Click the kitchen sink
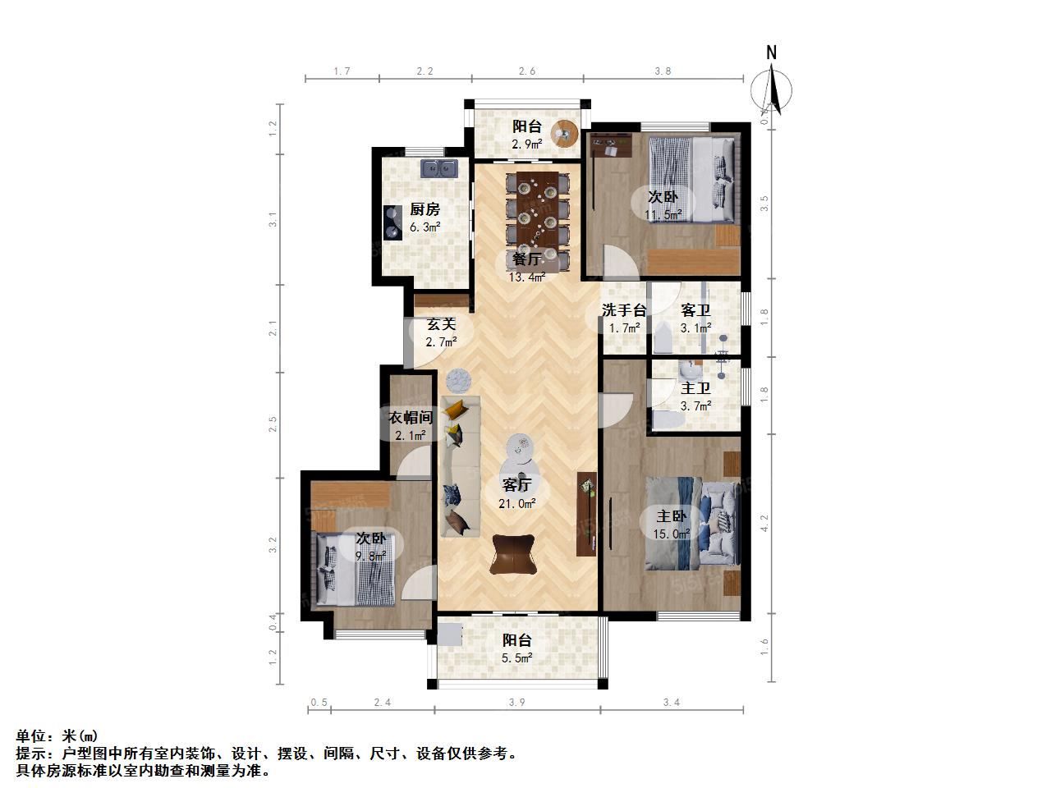[439, 168]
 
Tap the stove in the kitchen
[392, 222]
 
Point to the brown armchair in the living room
[513, 555]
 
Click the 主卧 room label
[672, 516]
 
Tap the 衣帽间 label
[411, 418]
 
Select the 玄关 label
[441, 324]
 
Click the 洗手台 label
[624, 310]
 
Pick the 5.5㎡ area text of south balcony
[516, 658]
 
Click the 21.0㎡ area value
[516, 503]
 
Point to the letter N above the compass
[771, 53]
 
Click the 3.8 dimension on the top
[663, 71]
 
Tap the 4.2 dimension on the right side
[764, 523]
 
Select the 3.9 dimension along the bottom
[516, 703]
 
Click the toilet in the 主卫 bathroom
[668, 419]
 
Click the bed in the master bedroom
[692, 524]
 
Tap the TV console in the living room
[586, 514]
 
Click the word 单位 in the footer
[31, 735]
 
